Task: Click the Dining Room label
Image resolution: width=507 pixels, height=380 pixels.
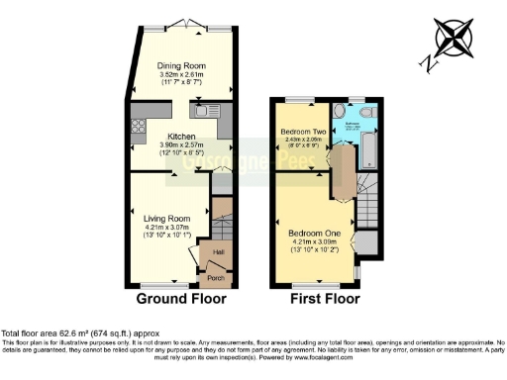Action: [x=181, y=67]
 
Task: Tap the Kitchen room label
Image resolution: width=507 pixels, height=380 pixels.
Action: [x=181, y=137]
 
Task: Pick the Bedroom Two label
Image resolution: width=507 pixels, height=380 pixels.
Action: [x=303, y=132]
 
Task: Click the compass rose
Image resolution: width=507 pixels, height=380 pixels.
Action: [x=454, y=41]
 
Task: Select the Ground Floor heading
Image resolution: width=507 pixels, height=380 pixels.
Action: [x=181, y=298]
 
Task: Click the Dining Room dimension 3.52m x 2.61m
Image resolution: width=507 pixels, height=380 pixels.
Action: [x=181, y=75]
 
